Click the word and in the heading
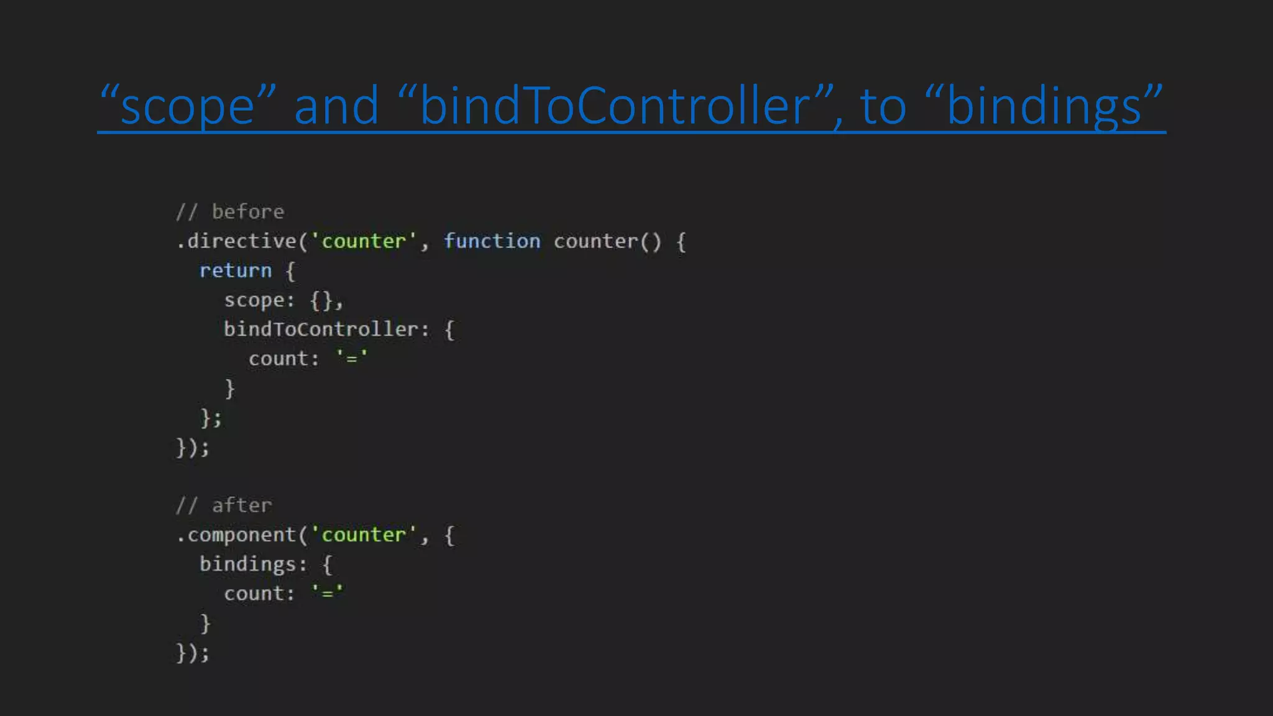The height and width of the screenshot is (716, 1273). click(336, 106)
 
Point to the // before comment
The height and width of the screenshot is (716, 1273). click(230, 212)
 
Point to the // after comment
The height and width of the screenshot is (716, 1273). click(224, 505)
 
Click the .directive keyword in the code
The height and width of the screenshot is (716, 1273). click(236, 241)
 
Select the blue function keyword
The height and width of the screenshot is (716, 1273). click(492, 241)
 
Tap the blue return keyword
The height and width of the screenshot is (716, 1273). click(236, 271)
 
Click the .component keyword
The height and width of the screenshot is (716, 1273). click(236, 535)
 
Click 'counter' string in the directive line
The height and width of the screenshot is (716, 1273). click(364, 241)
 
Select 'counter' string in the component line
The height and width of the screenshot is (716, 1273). click(364, 535)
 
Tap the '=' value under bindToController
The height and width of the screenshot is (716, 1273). click(352, 359)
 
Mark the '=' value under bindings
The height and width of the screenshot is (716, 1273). click(328, 594)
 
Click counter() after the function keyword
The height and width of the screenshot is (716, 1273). click(607, 241)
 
